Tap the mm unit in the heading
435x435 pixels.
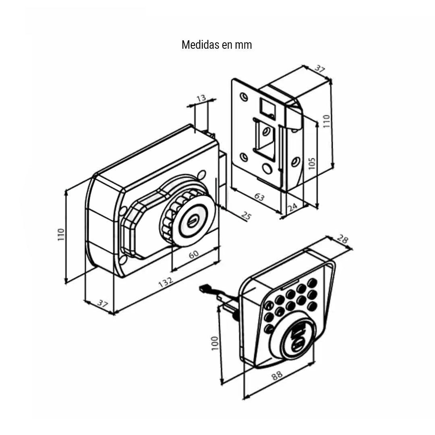click(x=244, y=45)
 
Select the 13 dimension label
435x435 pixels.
click(x=201, y=97)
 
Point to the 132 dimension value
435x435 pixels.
click(x=166, y=282)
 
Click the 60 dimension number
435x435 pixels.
click(x=194, y=255)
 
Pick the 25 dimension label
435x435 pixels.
click(x=246, y=216)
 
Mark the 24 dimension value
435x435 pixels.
click(x=293, y=207)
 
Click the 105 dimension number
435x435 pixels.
click(x=313, y=163)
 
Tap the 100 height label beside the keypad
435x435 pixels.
click(x=215, y=343)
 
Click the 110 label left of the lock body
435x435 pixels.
click(x=61, y=234)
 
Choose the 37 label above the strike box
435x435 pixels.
click(x=319, y=69)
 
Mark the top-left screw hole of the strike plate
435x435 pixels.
click(x=242, y=97)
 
